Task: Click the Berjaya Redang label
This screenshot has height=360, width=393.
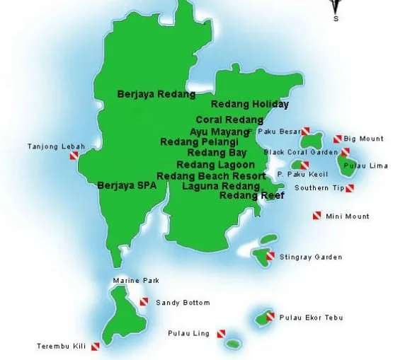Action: click(156, 93)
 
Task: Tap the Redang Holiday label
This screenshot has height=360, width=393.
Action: click(250, 105)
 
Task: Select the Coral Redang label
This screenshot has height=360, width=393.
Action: click(229, 120)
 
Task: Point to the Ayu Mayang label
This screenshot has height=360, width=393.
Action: click(219, 131)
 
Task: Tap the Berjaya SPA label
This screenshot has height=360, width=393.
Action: click(127, 185)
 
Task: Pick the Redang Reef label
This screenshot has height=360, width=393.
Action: click(251, 195)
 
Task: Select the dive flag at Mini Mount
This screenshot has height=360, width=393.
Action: click(317, 216)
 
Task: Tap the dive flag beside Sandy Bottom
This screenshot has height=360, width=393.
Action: click(144, 303)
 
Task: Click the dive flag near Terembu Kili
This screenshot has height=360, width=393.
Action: click(95, 347)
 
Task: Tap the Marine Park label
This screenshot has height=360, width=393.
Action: click(136, 281)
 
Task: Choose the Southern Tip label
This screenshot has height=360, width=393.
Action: click(319, 188)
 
